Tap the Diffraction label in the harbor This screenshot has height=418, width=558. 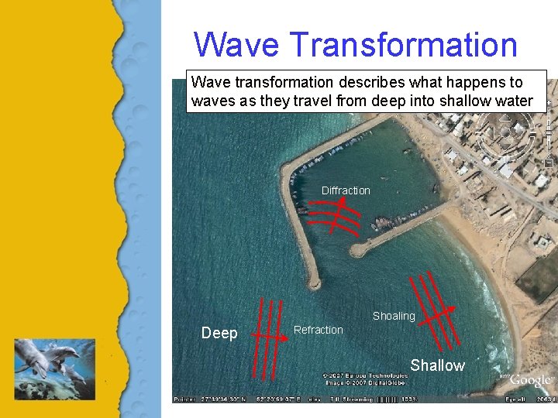346,190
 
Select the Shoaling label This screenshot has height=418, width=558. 394,316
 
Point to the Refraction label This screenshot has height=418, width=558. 318,330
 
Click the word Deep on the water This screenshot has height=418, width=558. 219,333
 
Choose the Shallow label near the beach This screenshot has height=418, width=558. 437,365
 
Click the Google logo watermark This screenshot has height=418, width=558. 531,380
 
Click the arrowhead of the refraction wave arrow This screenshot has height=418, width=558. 285,337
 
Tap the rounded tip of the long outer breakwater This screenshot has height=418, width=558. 313,283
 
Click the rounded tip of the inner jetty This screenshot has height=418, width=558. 356,251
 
